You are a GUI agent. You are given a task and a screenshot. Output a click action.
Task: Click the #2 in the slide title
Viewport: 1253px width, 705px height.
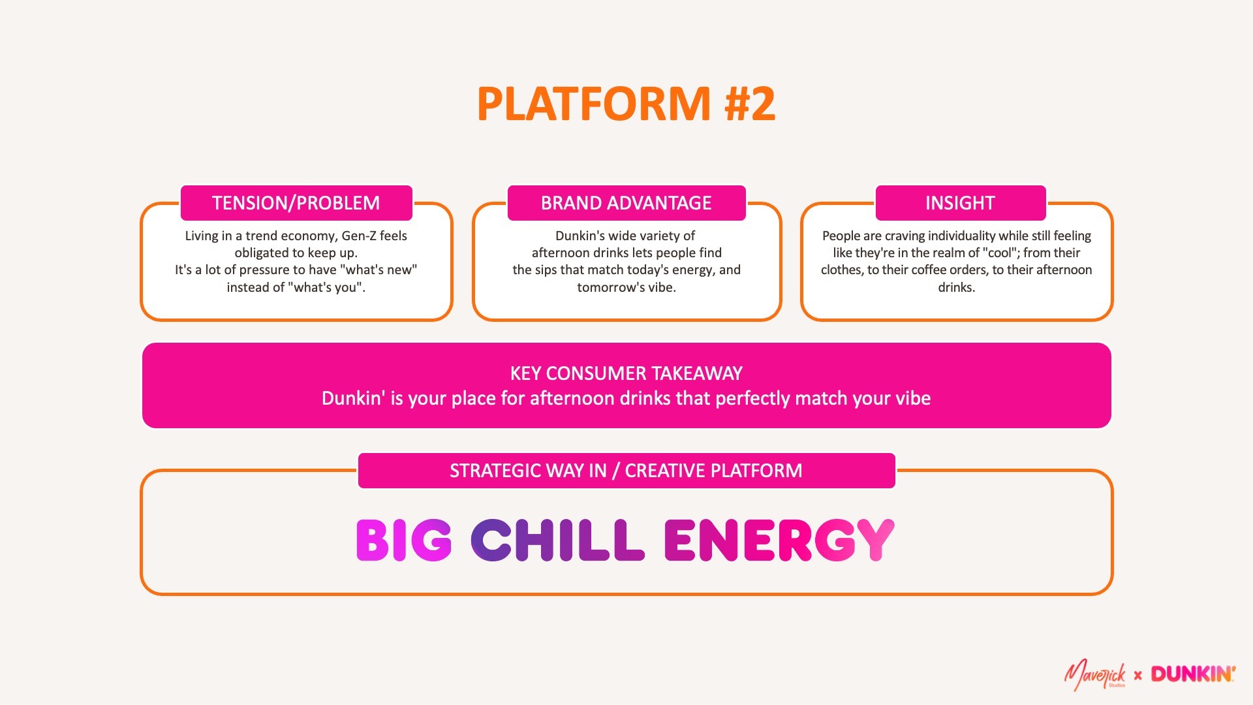(x=750, y=104)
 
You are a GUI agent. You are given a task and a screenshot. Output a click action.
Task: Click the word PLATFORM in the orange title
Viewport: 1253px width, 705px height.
(x=593, y=104)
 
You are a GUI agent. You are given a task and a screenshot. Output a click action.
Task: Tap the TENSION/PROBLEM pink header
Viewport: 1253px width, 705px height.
(x=296, y=203)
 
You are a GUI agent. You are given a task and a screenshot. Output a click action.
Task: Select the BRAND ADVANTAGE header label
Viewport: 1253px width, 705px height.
(x=626, y=203)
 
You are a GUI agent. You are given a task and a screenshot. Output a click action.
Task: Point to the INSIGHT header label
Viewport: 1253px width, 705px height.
(x=960, y=203)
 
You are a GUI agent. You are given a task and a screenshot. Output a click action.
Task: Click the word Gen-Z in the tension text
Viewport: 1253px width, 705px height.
(x=358, y=236)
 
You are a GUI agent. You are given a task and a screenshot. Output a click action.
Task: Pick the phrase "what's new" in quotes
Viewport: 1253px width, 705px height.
(x=379, y=270)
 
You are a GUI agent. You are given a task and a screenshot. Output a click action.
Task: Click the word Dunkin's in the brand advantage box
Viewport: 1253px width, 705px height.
(x=580, y=236)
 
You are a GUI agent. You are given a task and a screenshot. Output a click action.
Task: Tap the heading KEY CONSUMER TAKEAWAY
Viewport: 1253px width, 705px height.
(x=626, y=373)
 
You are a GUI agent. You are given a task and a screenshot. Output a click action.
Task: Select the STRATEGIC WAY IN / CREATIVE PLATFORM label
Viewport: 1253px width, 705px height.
(x=626, y=471)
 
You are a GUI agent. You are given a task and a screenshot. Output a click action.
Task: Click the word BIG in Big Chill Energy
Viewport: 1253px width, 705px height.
(x=404, y=540)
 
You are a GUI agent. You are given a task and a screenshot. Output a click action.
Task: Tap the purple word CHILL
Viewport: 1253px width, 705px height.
(x=557, y=540)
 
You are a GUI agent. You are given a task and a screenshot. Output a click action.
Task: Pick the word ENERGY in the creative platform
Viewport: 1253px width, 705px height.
(x=779, y=540)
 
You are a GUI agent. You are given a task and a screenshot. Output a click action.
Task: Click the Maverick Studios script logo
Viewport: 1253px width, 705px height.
(x=1095, y=675)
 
